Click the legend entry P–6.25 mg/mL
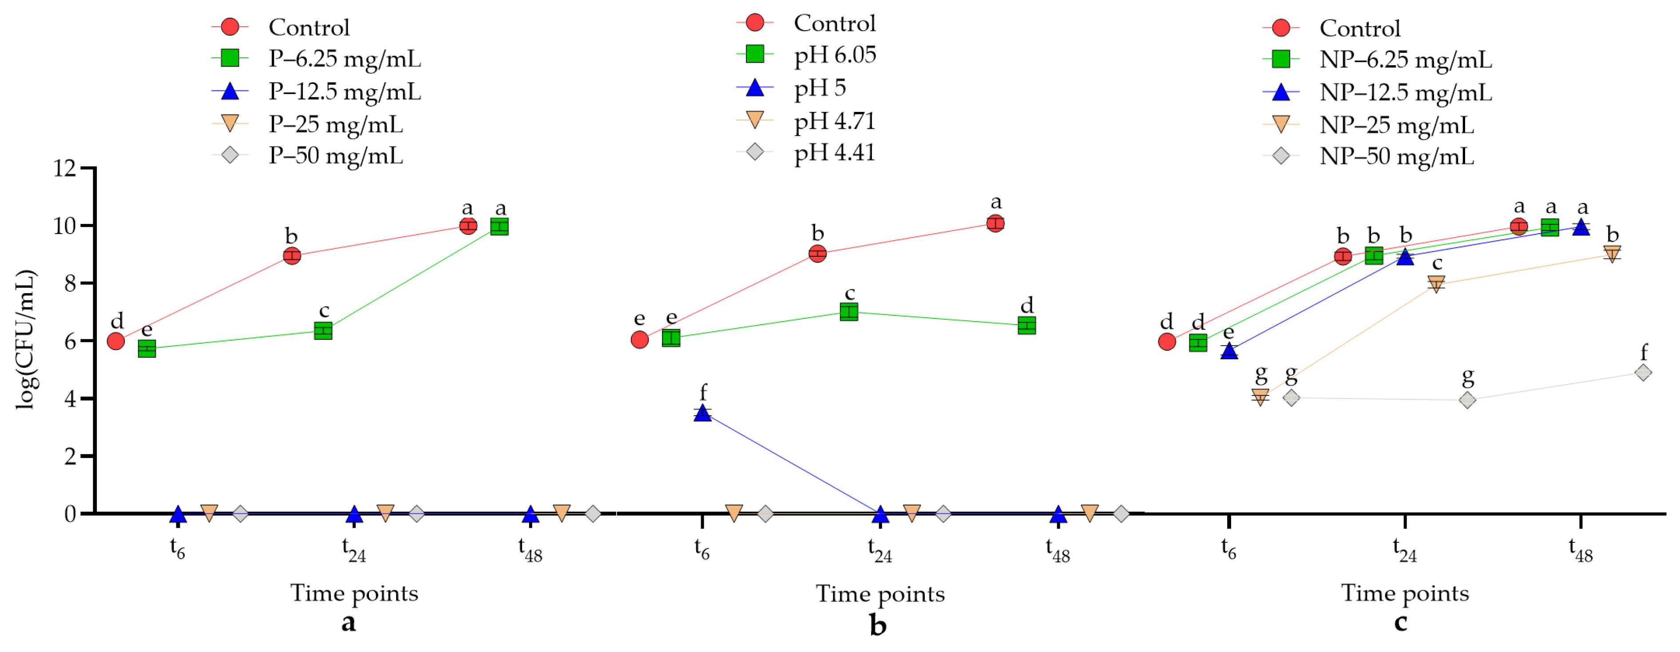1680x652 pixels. (x=345, y=59)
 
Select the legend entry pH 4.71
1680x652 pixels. (x=834, y=121)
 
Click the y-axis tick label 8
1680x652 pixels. (x=71, y=283)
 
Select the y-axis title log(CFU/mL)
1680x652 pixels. (x=26, y=339)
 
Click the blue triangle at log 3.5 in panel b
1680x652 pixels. (x=702, y=413)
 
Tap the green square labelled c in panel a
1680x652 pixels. (x=324, y=331)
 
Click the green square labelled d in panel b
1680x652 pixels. (x=1026, y=325)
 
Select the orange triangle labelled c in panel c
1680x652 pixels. (x=1436, y=284)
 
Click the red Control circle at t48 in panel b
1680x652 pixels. (x=995, y=223)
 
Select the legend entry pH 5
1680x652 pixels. (x=820, y=87)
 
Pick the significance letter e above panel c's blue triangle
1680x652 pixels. (x=1228, y=332)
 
